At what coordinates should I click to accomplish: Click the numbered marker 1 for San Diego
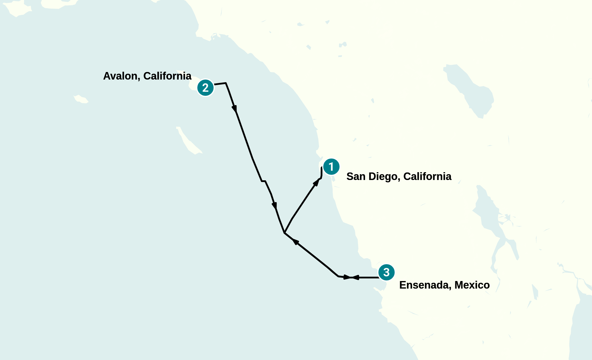click(x=331, y=167)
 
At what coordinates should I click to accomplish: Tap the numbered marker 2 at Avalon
click(x=205, y=88)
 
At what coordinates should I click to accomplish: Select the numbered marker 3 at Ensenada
click(x=386, y=272)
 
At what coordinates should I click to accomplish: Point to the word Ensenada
click(x=424, y=285)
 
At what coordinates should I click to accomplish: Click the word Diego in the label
click(x=384, y=177)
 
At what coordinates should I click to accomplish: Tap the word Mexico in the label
click(x=472, y=285)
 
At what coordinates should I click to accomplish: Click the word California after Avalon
click(x=167, y=76)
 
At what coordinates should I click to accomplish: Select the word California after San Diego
click(x=427, y=177)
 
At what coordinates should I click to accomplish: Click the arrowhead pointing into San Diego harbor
click(x=317, y=182)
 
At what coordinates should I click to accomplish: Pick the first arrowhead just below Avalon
click(x=234, y=109)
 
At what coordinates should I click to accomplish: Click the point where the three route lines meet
click(x=285, y=233)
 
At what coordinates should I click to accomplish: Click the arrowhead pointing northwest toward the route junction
click(x=295, y=241)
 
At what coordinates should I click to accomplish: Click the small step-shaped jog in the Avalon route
click(x=263, y=181)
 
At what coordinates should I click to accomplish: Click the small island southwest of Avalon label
click(x=81, y=99)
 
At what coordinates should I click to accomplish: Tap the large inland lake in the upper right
click(x=470, y=90)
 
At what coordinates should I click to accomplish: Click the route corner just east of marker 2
click(x=226, y=83)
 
